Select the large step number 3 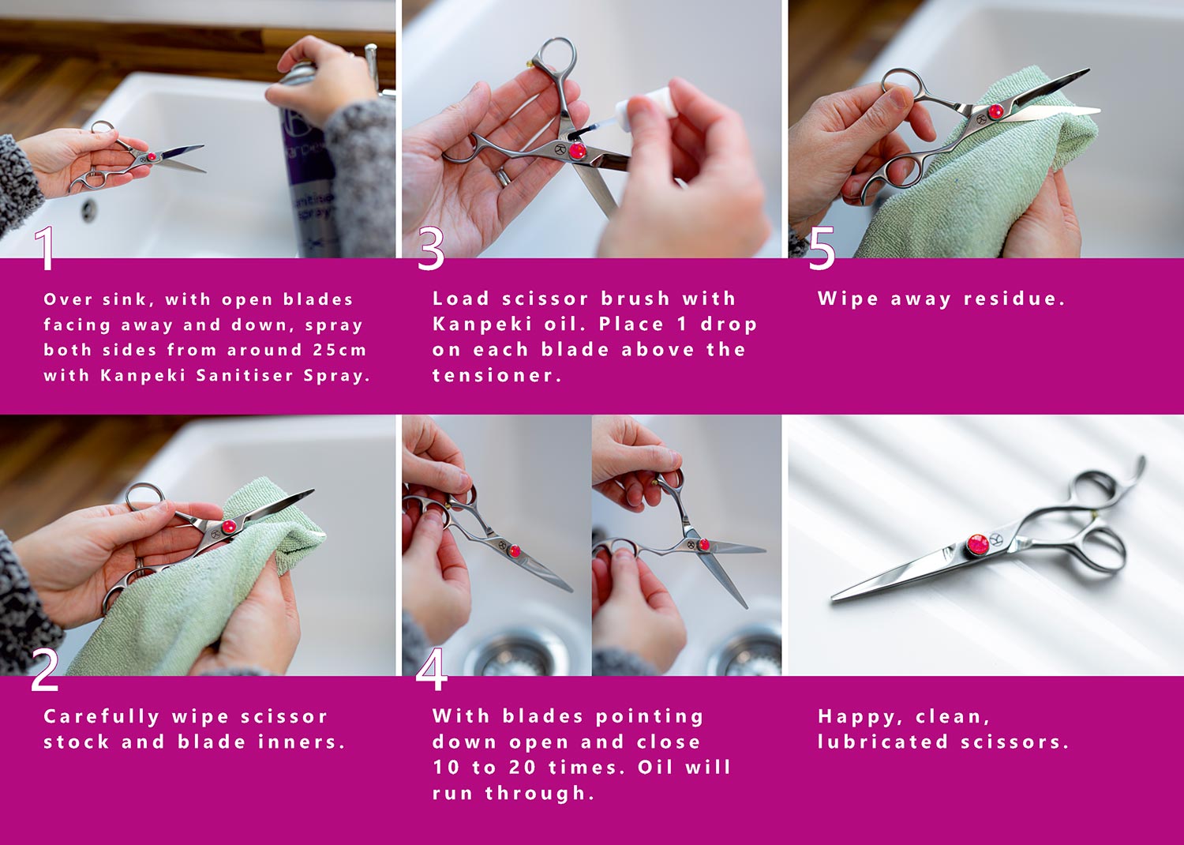pyautogui.click(x=431, y=249)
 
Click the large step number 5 pyautogui.click(x=822, y=249)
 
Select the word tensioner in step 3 pyautogui.click(x=496, y=375)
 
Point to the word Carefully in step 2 pyautogui.click(x=102, y=718)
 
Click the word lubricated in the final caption pyautogui.click(x=882, y=742)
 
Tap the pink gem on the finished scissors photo pyautogui.click(x=977, y=546)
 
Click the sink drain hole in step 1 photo pyautogui.click(x=88, y=208)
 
